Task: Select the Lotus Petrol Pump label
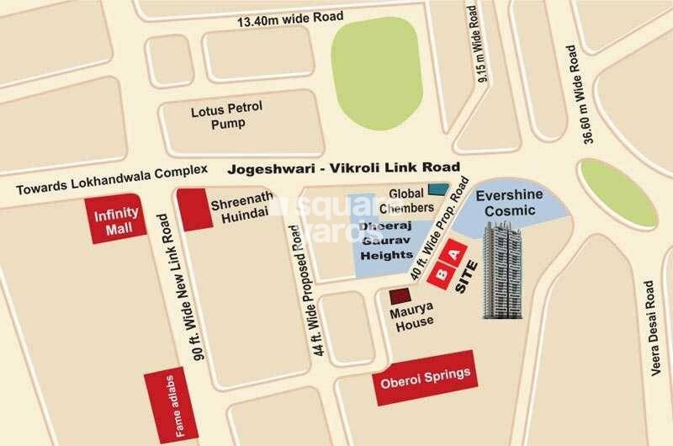[x=217, y=116]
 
